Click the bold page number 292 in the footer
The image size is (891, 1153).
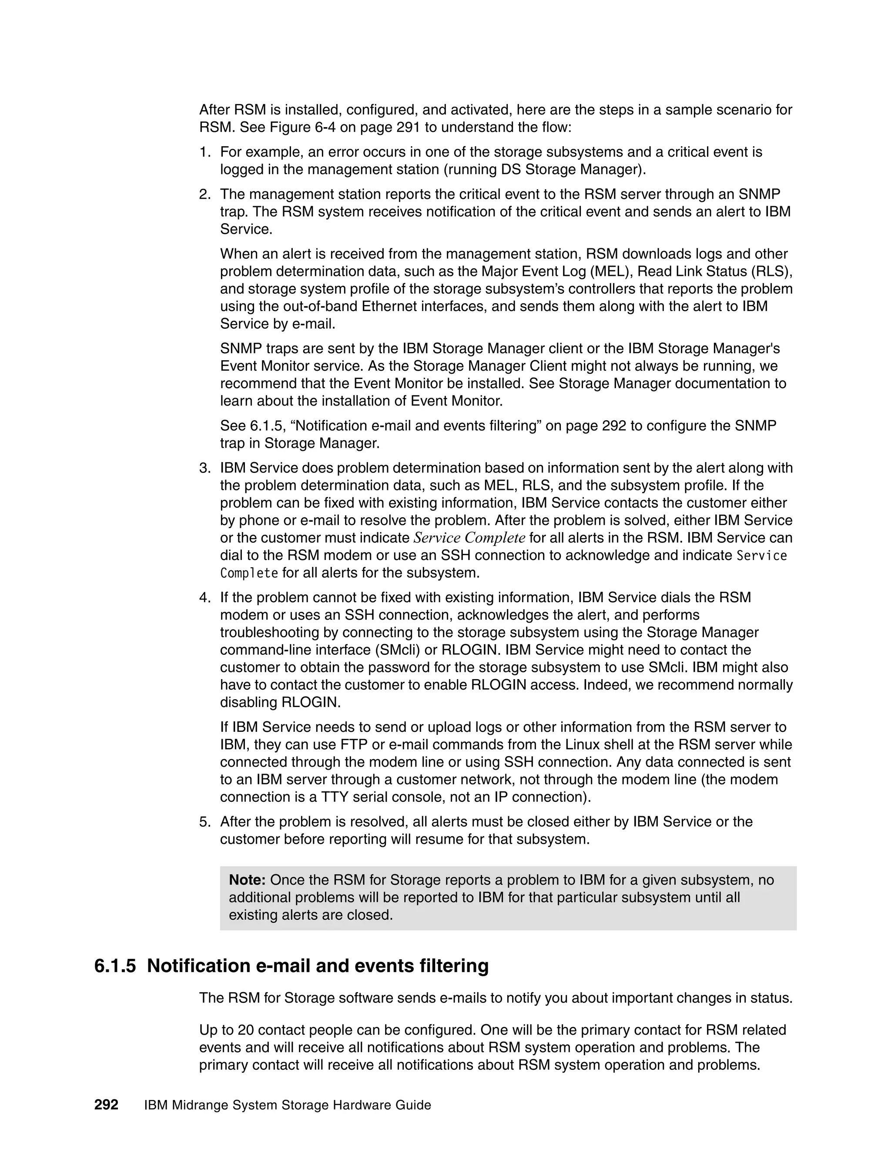[x=106, y=1104]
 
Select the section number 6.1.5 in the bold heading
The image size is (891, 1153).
[x=114, y=965]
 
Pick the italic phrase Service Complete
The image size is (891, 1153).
[x=469, y=538]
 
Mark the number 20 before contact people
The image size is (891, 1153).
[x=246, y=1030]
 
